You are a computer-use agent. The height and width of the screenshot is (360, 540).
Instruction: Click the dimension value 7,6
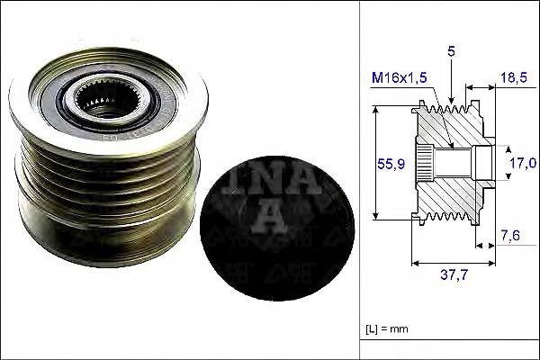[x=509, y=237]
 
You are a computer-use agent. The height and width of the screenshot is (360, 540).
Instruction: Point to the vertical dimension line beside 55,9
[x=375, y=163]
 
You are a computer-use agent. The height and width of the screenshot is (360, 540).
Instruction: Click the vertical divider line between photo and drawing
[x=360, y=180]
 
